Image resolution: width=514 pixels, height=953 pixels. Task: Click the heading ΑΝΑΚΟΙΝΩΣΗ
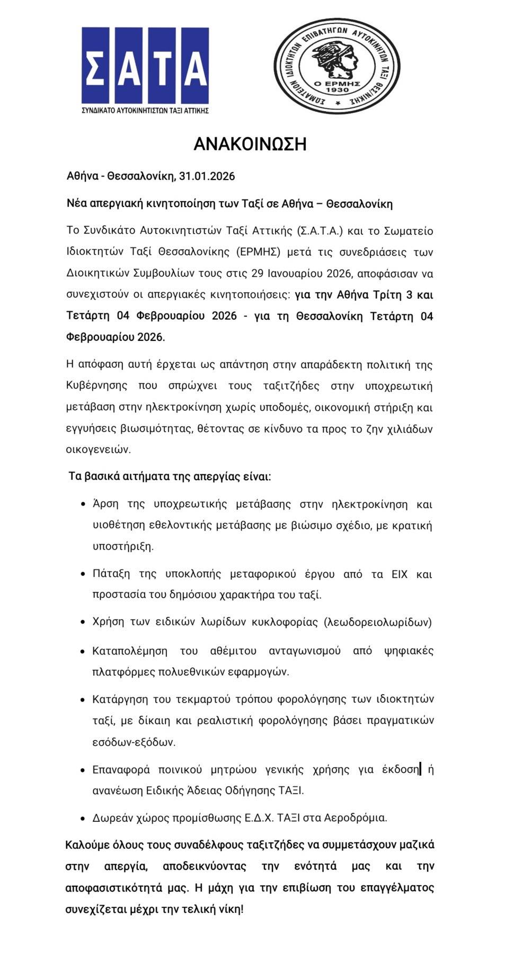point(250,144)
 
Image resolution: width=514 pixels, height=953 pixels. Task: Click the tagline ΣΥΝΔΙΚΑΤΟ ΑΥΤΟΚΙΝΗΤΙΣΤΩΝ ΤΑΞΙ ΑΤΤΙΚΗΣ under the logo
point(145,111)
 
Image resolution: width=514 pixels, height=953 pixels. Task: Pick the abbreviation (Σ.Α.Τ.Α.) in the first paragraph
point(321,231)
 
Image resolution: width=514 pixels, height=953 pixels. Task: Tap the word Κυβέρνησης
point(96,385)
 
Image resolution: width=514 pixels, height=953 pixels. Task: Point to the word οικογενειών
point(98,449)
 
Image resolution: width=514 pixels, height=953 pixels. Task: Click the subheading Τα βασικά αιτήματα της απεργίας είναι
point(170,477)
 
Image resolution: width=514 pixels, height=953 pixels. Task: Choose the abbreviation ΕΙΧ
point(400,574)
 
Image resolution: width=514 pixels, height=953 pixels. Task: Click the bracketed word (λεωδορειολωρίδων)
point(378,622)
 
